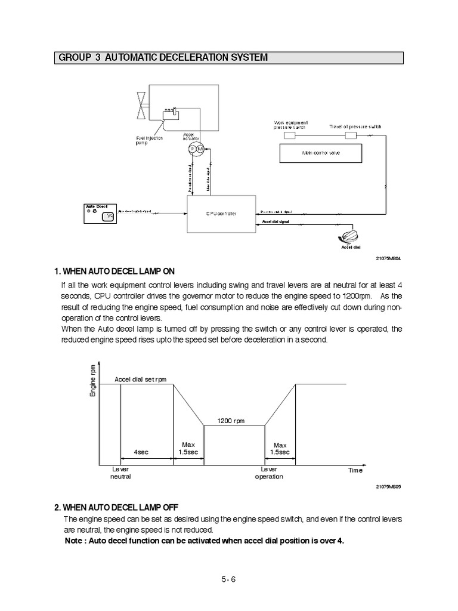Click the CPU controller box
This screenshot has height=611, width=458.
(221, 214)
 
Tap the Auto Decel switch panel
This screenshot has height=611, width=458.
(100, 213)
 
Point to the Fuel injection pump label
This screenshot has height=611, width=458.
(148, 141)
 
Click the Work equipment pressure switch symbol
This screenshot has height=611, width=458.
(290, 136)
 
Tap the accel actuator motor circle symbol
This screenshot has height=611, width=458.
(195, 149)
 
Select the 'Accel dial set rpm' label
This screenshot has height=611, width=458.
(140, 379)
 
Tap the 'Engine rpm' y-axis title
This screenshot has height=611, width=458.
(93, 381)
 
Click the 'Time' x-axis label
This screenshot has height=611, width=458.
(355, 470)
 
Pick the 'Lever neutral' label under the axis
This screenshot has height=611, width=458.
(120, 473)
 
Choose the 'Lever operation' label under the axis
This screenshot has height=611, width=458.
(269, 473)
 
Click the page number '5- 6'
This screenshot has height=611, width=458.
(229, 579)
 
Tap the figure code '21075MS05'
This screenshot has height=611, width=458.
(389, 486)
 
